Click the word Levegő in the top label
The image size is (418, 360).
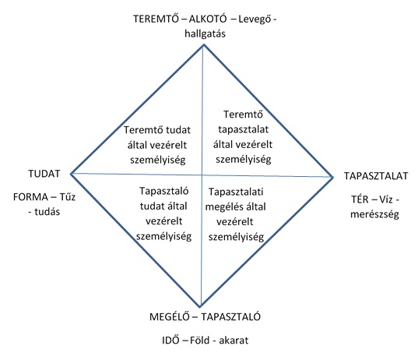pos(255,19)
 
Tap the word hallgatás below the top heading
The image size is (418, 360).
pos(205,34)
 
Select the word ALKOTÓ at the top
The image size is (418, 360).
pos(208,19)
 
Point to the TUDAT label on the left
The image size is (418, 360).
pos(44,174)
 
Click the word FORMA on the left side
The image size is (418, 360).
pos(30,197)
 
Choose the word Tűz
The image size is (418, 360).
pos(68,197)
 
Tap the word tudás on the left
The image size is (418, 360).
pos(47,212)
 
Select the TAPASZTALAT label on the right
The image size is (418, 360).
pos(376,176)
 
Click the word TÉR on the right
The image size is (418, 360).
pos(360,199)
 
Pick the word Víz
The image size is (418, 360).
pos(386,199)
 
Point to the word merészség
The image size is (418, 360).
pos(374,214)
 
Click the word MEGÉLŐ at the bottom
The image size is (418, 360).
pos(169,317)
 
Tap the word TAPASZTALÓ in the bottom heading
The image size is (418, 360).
pos(231,317)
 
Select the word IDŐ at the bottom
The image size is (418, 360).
pos(170,341)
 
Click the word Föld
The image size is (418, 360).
pos(200,341)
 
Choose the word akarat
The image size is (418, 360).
pos(234,341)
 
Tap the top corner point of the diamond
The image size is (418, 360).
pos(204,45)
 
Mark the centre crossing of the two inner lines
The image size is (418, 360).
pos(202,175)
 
